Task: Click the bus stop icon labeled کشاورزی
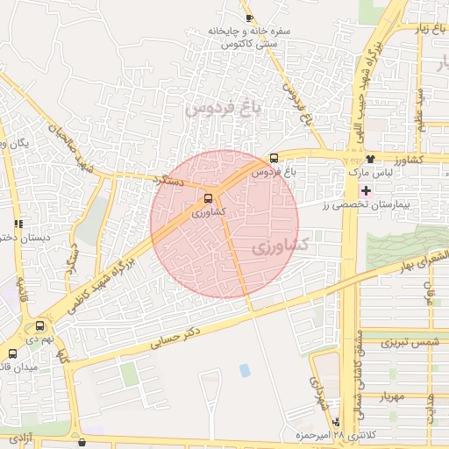(208, 198)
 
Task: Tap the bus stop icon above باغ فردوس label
(274, 159)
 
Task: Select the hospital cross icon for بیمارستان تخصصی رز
(366, 190)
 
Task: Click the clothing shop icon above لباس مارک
(371, 160)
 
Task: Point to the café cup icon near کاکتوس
(250, 18)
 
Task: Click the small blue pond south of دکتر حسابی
(244, 370)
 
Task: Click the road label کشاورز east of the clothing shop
(409, 161)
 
